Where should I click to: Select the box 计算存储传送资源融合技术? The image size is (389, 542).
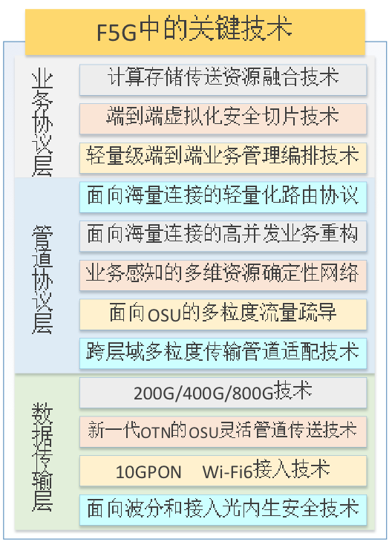click(223, 79)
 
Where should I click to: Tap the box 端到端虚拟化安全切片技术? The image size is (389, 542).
click(223, 119)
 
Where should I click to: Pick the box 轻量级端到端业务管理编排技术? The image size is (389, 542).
click(223, 157)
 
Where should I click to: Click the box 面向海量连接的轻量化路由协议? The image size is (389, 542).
click(223, 197)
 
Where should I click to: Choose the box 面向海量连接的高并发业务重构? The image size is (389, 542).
click(223, 236)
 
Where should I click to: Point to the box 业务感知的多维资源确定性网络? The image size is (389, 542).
click(223, 275)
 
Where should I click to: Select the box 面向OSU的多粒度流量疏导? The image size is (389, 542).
click(223, 314)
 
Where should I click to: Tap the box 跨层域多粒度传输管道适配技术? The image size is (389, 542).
click(223, 353)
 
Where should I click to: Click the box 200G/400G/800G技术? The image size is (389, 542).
click(223, 392)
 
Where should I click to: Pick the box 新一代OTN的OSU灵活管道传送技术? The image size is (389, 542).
click(223, 431)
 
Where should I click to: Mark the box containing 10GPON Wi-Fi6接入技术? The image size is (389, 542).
click(223, 471)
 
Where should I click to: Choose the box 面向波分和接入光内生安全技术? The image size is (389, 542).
click(223, 509)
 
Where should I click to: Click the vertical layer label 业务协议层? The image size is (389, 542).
click(42, 122)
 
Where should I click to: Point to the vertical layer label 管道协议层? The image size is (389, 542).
click(42, 279)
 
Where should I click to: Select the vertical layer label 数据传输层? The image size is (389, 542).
click(42, 457)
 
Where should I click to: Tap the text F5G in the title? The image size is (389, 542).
click(117, 33)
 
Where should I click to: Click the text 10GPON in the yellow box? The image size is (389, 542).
click(148, 471)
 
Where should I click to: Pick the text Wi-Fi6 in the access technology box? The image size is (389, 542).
click(227, 471)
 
